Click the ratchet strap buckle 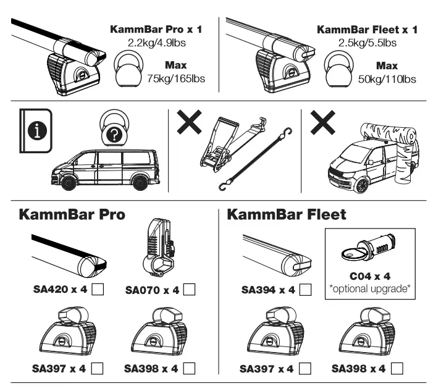tap(217, 157)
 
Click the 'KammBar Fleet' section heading tap(287, 216)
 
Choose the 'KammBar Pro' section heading tap(72, 216)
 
